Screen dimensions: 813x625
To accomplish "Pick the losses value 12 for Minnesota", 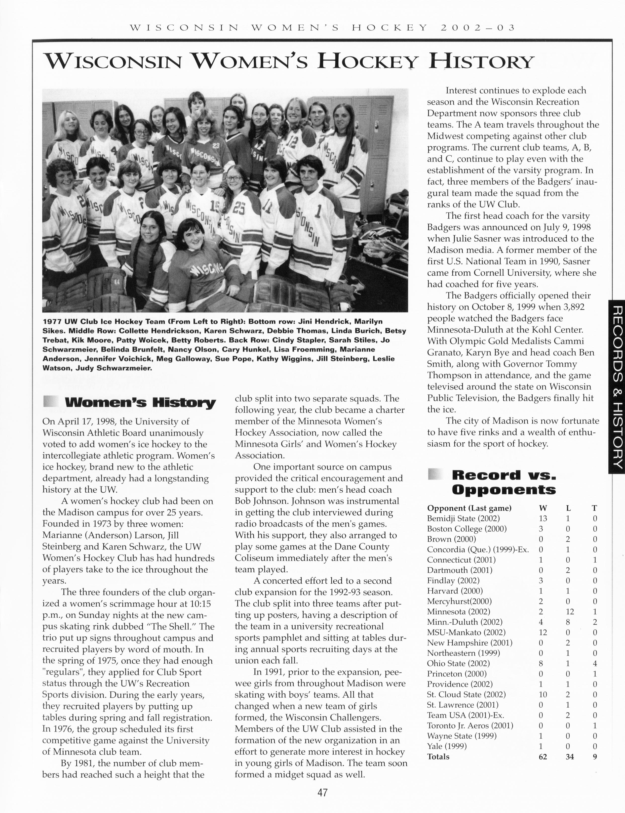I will click(x=570, y=612).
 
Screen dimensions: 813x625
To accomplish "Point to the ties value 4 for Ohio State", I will click(x=595, y=663).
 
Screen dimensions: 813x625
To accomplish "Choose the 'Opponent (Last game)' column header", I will click(x=469, y=508).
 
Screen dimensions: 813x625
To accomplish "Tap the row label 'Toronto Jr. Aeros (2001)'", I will click(x=470, y=726).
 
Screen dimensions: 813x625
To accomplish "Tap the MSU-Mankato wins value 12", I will click(x=543, y=633).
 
